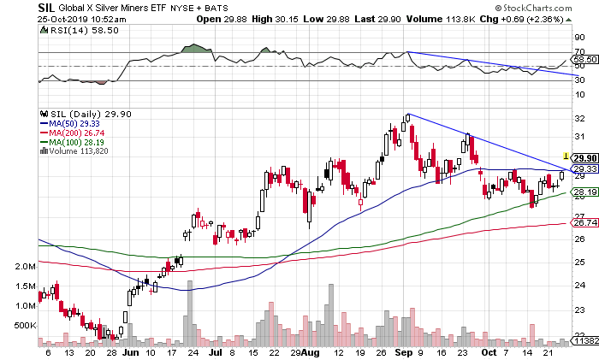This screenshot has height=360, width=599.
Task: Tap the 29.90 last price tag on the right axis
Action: point(584,157)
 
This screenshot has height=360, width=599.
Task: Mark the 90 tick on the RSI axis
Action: point(578,38)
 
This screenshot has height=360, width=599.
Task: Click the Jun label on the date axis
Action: point(131,351)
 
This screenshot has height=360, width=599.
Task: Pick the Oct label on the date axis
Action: point(489,351)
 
